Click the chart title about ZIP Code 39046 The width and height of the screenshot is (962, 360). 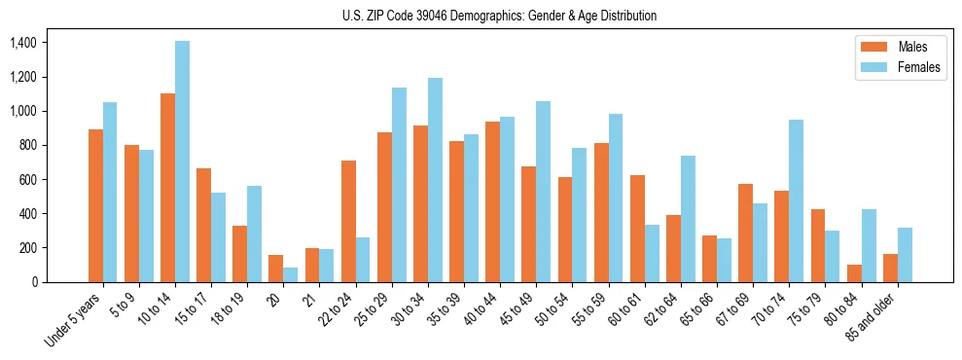(500, 16)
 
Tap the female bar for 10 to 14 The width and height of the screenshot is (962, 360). (182, 162)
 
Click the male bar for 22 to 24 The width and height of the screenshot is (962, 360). (348, 221)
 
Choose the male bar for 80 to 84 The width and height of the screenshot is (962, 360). (854, 273)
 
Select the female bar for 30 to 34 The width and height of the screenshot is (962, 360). (435, 180)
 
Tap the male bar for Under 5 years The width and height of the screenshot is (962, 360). (95, 205)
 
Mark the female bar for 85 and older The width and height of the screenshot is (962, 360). (905, 255)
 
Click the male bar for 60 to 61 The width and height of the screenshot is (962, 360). (637, 229)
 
